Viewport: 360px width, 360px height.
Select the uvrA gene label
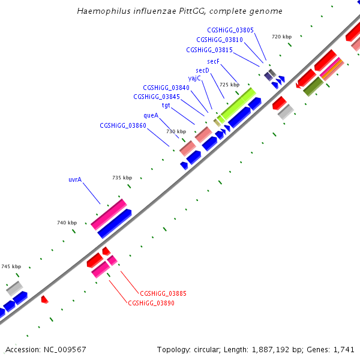tap(75, 179)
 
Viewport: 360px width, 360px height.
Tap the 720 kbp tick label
tap(281, 37)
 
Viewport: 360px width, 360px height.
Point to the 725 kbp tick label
tap(229, 85)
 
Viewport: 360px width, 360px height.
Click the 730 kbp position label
tap(176, 131)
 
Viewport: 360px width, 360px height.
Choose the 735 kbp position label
tap(122, 178)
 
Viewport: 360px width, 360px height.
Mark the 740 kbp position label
tap(67, 223)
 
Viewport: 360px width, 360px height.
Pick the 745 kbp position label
tap(11, 266)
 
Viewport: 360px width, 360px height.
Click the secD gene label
tap(202, 70)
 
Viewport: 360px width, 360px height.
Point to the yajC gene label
tap(194, 78)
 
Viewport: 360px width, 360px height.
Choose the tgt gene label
tap(166, 105)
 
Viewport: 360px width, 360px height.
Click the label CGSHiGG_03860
tap(123, 125)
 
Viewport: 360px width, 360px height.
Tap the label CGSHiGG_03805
tap(230, 29)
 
